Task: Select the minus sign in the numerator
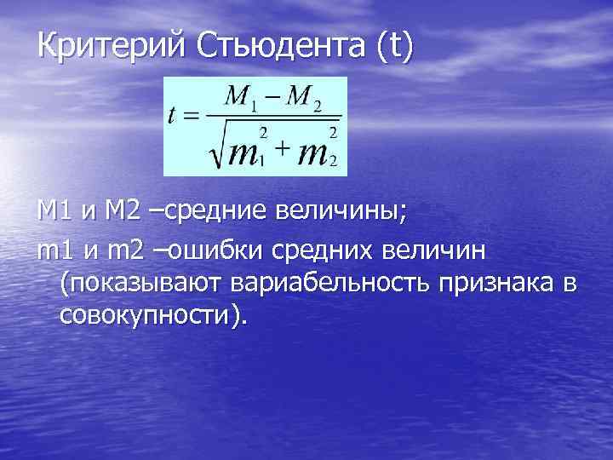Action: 273,100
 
